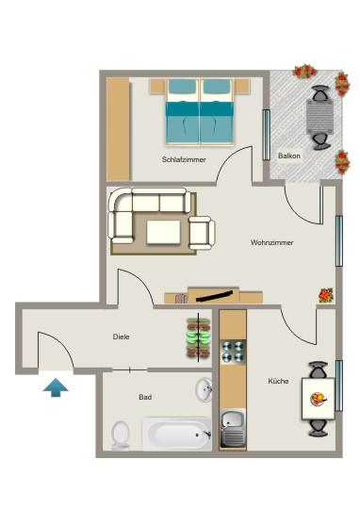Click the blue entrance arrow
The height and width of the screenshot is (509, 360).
56,386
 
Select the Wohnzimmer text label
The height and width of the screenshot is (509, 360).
271,243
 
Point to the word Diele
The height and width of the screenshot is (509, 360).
121,337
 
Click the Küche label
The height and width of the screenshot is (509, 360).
277,381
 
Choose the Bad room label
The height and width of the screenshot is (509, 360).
145,397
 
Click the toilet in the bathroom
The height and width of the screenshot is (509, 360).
120,435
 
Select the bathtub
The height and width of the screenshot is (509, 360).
177,435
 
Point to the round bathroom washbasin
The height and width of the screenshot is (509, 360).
205,389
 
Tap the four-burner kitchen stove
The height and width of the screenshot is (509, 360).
233,353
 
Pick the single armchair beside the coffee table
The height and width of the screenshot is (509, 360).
201,232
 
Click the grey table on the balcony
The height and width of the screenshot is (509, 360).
319,118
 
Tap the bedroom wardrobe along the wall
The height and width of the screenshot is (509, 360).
118,128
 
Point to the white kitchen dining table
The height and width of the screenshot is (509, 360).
318,399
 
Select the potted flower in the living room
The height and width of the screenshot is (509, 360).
326,295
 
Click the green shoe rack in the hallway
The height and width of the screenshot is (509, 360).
198,337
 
